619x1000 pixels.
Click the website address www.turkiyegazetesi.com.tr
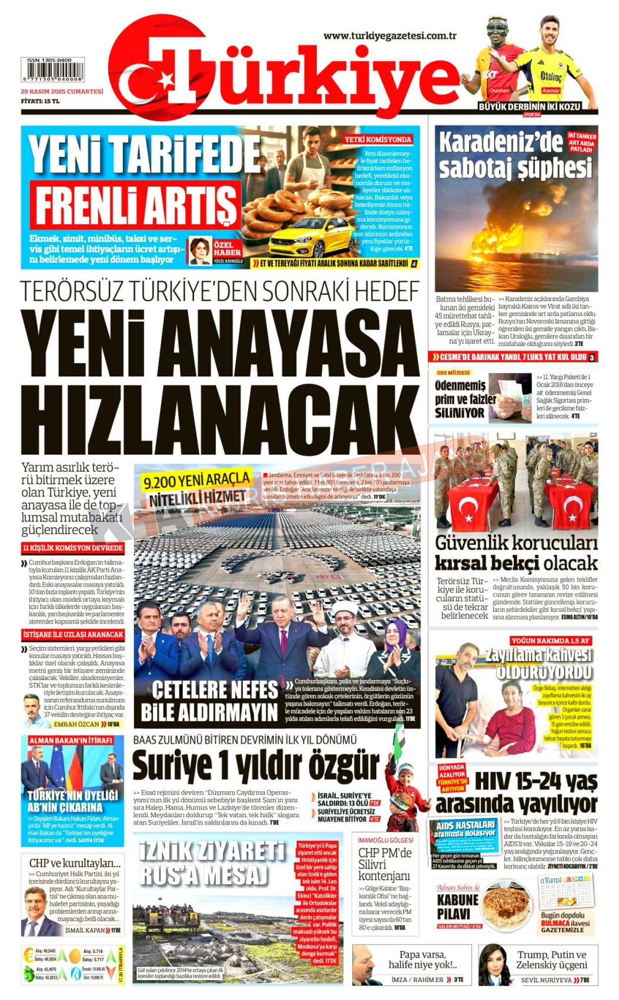390,36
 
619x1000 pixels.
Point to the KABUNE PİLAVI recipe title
457,906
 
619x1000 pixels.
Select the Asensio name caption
551,91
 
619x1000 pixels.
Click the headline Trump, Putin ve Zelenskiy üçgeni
551,959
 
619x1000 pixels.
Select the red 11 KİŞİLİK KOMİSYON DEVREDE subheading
72,548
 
